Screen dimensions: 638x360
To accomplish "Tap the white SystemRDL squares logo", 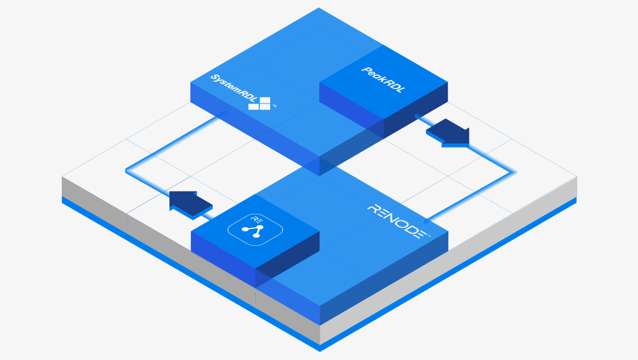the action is click(x=260, y=103).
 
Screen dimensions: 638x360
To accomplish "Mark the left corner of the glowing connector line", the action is click(x=126, y=171).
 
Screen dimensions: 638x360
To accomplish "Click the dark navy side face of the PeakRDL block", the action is click(x=416, y=120).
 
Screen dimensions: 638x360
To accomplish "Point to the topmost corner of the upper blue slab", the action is click(x=319, y=8).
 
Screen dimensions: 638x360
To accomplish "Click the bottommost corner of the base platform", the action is click(x=320, y=351).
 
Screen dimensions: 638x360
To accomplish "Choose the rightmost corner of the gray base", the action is click(x=577, y=177).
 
